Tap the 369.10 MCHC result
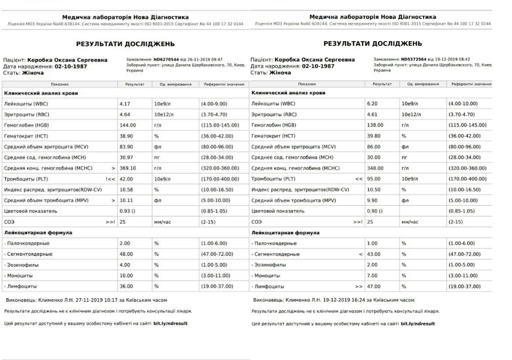[x=128, y=168]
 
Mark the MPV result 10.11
[x=126, y=200]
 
